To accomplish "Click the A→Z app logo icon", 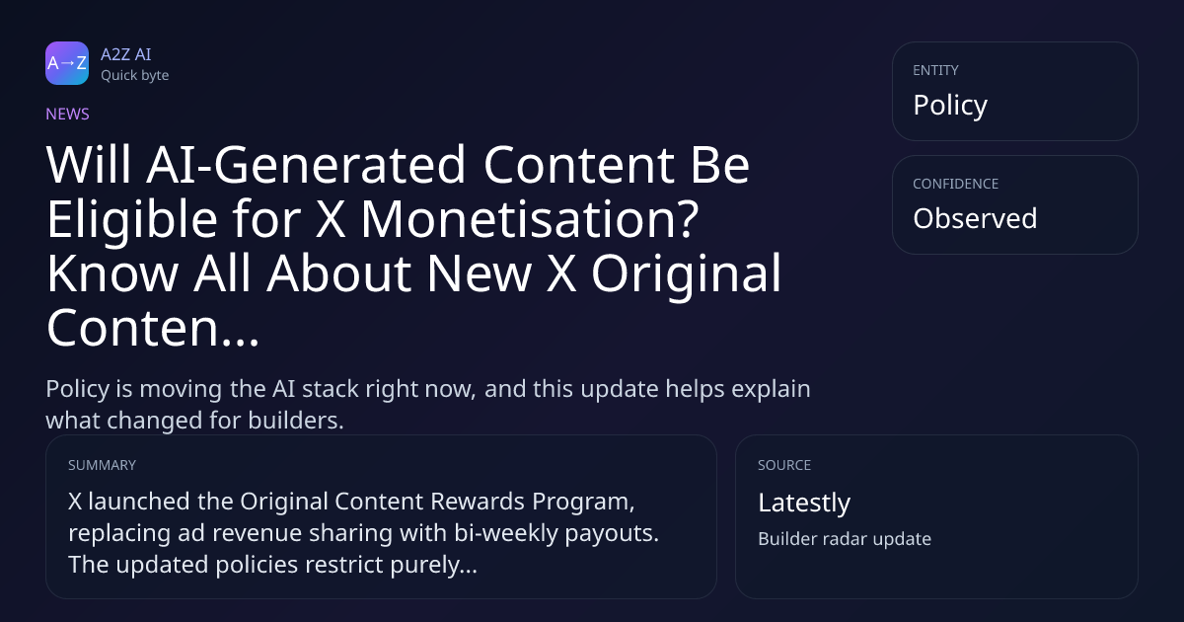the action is [x=67, y=63].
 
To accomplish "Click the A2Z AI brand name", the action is [x=126, y=54].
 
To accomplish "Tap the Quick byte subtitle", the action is [x=135, y=76].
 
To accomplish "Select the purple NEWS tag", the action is [x=68, y=115].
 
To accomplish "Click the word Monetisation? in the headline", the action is [x=530, y=219].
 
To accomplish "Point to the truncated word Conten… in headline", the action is [x=153, y=328].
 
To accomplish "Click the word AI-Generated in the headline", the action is [x=306, y=165].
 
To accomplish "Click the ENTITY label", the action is [x=935, y=70].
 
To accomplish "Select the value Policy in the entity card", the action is [x=950, y=106].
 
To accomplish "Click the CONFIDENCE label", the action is [x=956, y=184].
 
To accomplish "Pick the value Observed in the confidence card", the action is [x=975, y=218].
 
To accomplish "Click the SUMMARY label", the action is [x=102, y=465].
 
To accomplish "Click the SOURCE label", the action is [x=784, y=465].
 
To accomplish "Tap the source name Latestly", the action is [x=804, y=503].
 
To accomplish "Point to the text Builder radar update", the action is [x=845, y=539].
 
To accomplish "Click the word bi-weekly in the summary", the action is [x=506, y=533].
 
